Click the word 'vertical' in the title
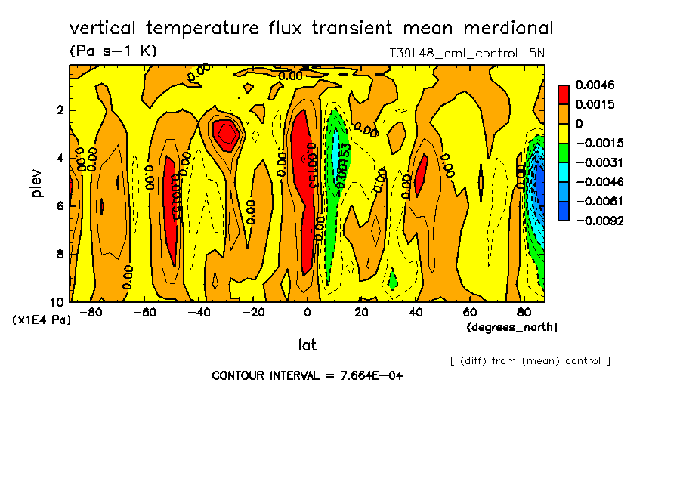[x=104, y=29]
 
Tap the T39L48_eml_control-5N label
[x=466, y=54]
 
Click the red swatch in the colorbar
[x=563, y=94]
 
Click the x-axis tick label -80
[x=91, y=313]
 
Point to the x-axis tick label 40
[x=416, y=313]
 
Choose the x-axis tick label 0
[x=307, y=313]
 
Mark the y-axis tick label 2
[x=60, y=110]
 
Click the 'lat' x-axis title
[x=307, y=345]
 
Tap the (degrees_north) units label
[x=512, y=327]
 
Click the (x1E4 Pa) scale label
[x=42, y=320]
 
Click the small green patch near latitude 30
[x=392, y=280]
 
